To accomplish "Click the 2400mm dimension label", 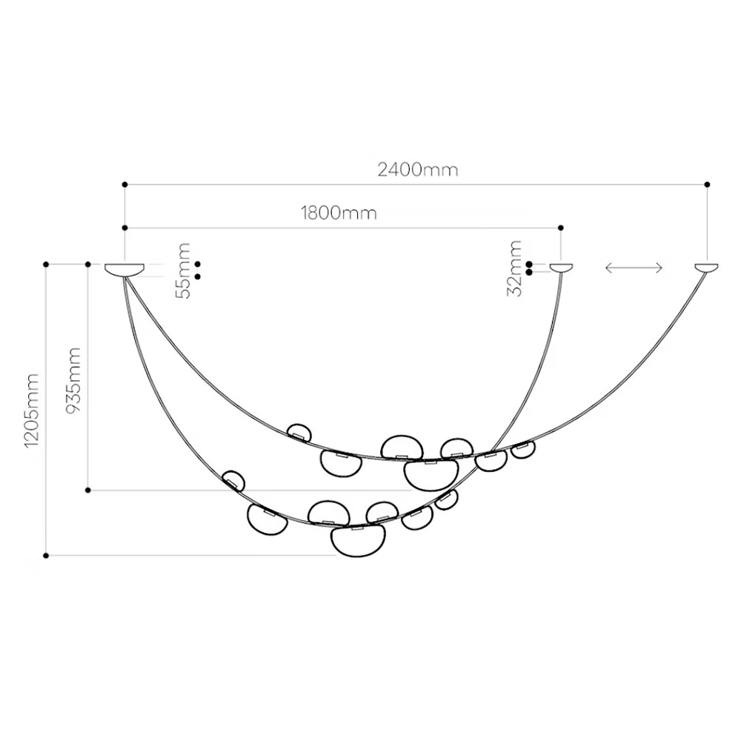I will (x=417, y=170).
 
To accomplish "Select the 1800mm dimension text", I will (x=339, y=213).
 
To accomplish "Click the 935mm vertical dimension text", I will (x=74, y=380).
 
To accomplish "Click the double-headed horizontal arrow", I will (x=634, y=268).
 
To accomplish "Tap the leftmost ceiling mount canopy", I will (x=125, y=270).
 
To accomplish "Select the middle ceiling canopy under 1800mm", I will (x=561, y=268).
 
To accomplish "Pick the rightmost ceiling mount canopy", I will (x=707, y=268).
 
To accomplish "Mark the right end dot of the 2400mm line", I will (x=708, y=184).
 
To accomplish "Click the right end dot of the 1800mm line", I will (x=561, y=227).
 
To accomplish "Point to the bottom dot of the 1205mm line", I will (x=46, y=555).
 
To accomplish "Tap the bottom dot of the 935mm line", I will (x=88, y=490).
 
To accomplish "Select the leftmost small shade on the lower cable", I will (x=233, y=480).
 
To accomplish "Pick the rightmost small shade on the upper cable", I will (x=523, y=448).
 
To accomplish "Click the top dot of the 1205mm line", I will (x=46, y=264).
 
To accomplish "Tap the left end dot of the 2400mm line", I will (x=124, y=184).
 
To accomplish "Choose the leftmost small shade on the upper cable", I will (x=299, y=432).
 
